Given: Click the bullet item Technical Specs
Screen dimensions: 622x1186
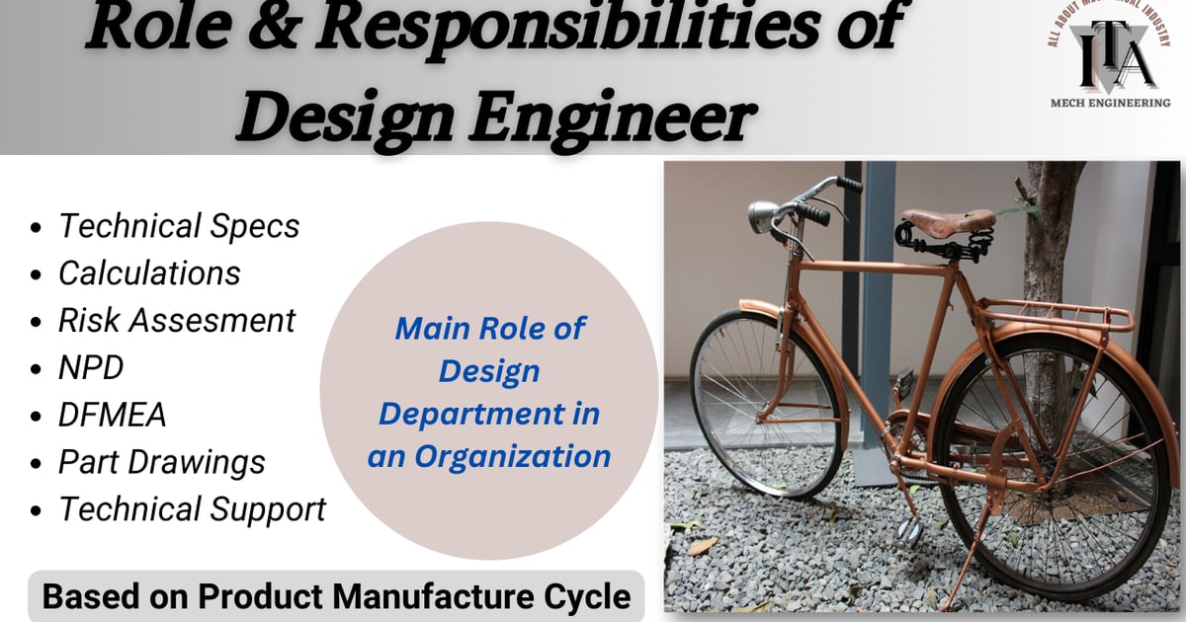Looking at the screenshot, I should point(179,226).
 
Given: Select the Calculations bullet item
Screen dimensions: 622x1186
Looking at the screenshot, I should point(149,273).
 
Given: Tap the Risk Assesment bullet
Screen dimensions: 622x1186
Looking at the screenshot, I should point(177,321).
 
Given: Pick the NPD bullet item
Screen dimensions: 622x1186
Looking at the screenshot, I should point(91,368).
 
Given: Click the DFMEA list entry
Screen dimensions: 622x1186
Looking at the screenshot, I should point(112,416).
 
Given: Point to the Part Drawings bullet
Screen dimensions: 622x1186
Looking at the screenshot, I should point(162,462).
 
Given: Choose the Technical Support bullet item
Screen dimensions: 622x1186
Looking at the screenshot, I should point(192,509).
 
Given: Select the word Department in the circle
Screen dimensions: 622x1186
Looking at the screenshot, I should point(489,414).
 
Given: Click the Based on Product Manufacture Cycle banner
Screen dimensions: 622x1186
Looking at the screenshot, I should point(336,596).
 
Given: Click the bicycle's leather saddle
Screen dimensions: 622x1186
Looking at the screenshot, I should point(949,219).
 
